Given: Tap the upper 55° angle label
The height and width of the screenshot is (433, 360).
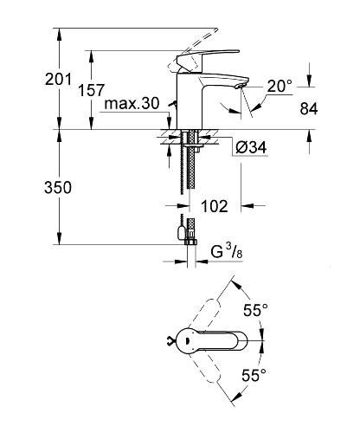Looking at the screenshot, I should [254, 309].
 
